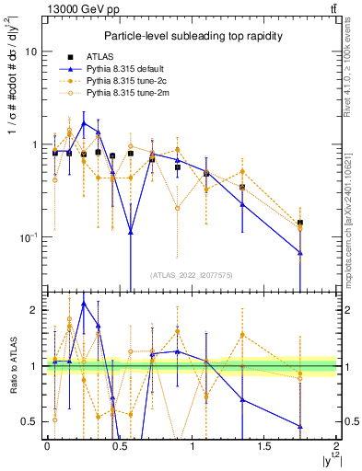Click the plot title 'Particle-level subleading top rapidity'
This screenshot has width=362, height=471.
tap(193, 35)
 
